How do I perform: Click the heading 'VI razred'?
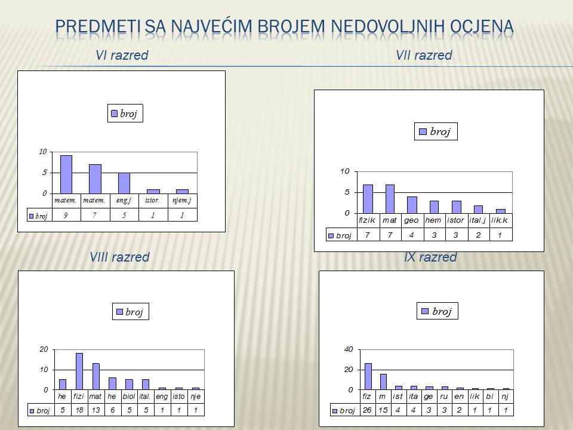[x=122, y=55]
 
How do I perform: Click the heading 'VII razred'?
[x=424, y=55]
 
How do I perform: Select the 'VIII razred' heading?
[x=119, y=257]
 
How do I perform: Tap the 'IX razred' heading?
[x=430, y=257]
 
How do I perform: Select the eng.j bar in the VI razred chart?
[x=124, y=183]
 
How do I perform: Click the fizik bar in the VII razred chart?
[x=368, y=199]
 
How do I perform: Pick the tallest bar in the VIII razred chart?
[x=79, y=371]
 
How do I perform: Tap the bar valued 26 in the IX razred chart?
[x=368, y=376]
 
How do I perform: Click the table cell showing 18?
[x=79, y=410]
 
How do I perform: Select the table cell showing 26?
[x=367, y=410]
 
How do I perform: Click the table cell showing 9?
[x=66, y=216]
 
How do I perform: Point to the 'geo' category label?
[x=411, y=220]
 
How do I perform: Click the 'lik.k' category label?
[x=500, y=220]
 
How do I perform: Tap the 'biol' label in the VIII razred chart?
[x=129, y=397]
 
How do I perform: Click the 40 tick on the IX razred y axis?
[x=349, y=349]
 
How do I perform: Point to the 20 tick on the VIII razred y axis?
[x=44, y=349]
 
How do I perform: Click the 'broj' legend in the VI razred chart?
[x=125, y=113]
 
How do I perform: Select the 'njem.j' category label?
[x=182, y=200]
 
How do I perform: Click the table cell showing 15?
[x=383, y=410]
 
